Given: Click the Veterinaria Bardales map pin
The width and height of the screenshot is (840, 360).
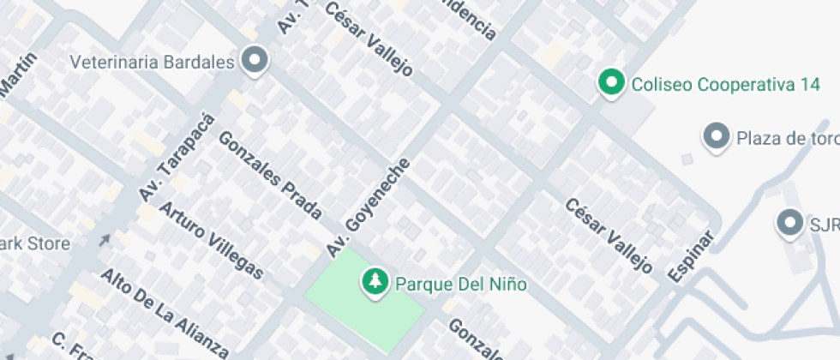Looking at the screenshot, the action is pos(255,61).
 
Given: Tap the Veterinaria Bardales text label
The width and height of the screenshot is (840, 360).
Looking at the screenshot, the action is pos(152,63).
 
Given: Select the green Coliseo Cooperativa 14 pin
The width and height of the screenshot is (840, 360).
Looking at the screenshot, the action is pos(610,82).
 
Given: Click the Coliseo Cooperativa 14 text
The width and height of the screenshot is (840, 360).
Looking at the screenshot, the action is pos(720,85).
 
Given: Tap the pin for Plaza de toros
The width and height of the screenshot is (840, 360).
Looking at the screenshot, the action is pos(714,135).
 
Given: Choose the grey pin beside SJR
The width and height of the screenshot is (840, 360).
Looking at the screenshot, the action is pos(788,223).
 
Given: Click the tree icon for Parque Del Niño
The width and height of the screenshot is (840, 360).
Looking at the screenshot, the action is pos(374,280).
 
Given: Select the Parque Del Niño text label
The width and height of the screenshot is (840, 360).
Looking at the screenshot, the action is pos(459,283).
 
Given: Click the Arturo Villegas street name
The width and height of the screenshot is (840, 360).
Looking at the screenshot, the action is pos(211,240).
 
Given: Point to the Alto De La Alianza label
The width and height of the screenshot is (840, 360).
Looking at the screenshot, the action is pos(165,313).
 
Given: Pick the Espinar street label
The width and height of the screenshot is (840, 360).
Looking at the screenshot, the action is pos(691,255).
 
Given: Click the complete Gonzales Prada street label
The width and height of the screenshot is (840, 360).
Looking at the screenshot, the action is pos(271,175).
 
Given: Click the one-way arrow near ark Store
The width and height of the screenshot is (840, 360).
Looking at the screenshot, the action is pos(105,240).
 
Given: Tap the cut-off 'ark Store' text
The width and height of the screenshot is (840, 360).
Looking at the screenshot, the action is pos(35,243).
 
